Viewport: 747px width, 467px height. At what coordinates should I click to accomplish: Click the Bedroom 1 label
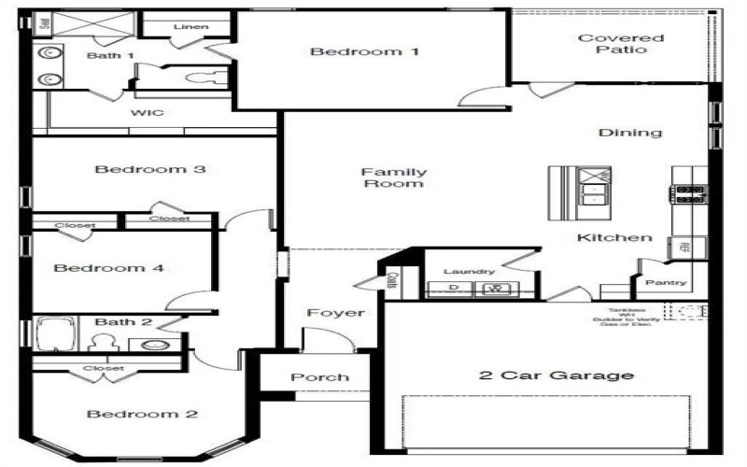pyautogui.click(x=364, y=52)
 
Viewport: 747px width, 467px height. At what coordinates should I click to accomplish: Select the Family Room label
pyautogui.click(x=394, y=177)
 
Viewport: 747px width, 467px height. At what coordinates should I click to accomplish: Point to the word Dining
pyautogui.click(x=630, y=133)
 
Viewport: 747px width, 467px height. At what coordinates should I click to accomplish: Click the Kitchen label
pyautogui.click(x=614, y=237)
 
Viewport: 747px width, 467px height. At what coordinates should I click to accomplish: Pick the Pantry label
pyautogui.click(x=666, y=281)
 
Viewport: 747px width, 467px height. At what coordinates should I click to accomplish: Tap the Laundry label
pyautogui.click(x=469, y=271)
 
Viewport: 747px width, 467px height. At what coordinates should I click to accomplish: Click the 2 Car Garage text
pyautogui.click(x=557, y=376)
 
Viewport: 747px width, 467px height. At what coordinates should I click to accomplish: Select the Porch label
pyautogui.click(x=319, y=377)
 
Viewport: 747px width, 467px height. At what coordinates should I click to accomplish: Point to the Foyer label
pyautogui.click(x=336, y=313)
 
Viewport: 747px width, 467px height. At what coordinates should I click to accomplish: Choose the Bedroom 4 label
pyautogui.click(x=109, y=268)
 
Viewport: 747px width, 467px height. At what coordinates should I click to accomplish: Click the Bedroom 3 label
pyautogui.click(x=150, y=170)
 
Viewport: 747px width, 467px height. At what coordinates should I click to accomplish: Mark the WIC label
pyautogui.click(x=148, y=113)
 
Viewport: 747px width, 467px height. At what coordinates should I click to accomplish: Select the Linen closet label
pyautogui.click(x=190, y=26)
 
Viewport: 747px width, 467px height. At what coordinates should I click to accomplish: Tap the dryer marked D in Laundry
pyautogui.click(x=455, y=288)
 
